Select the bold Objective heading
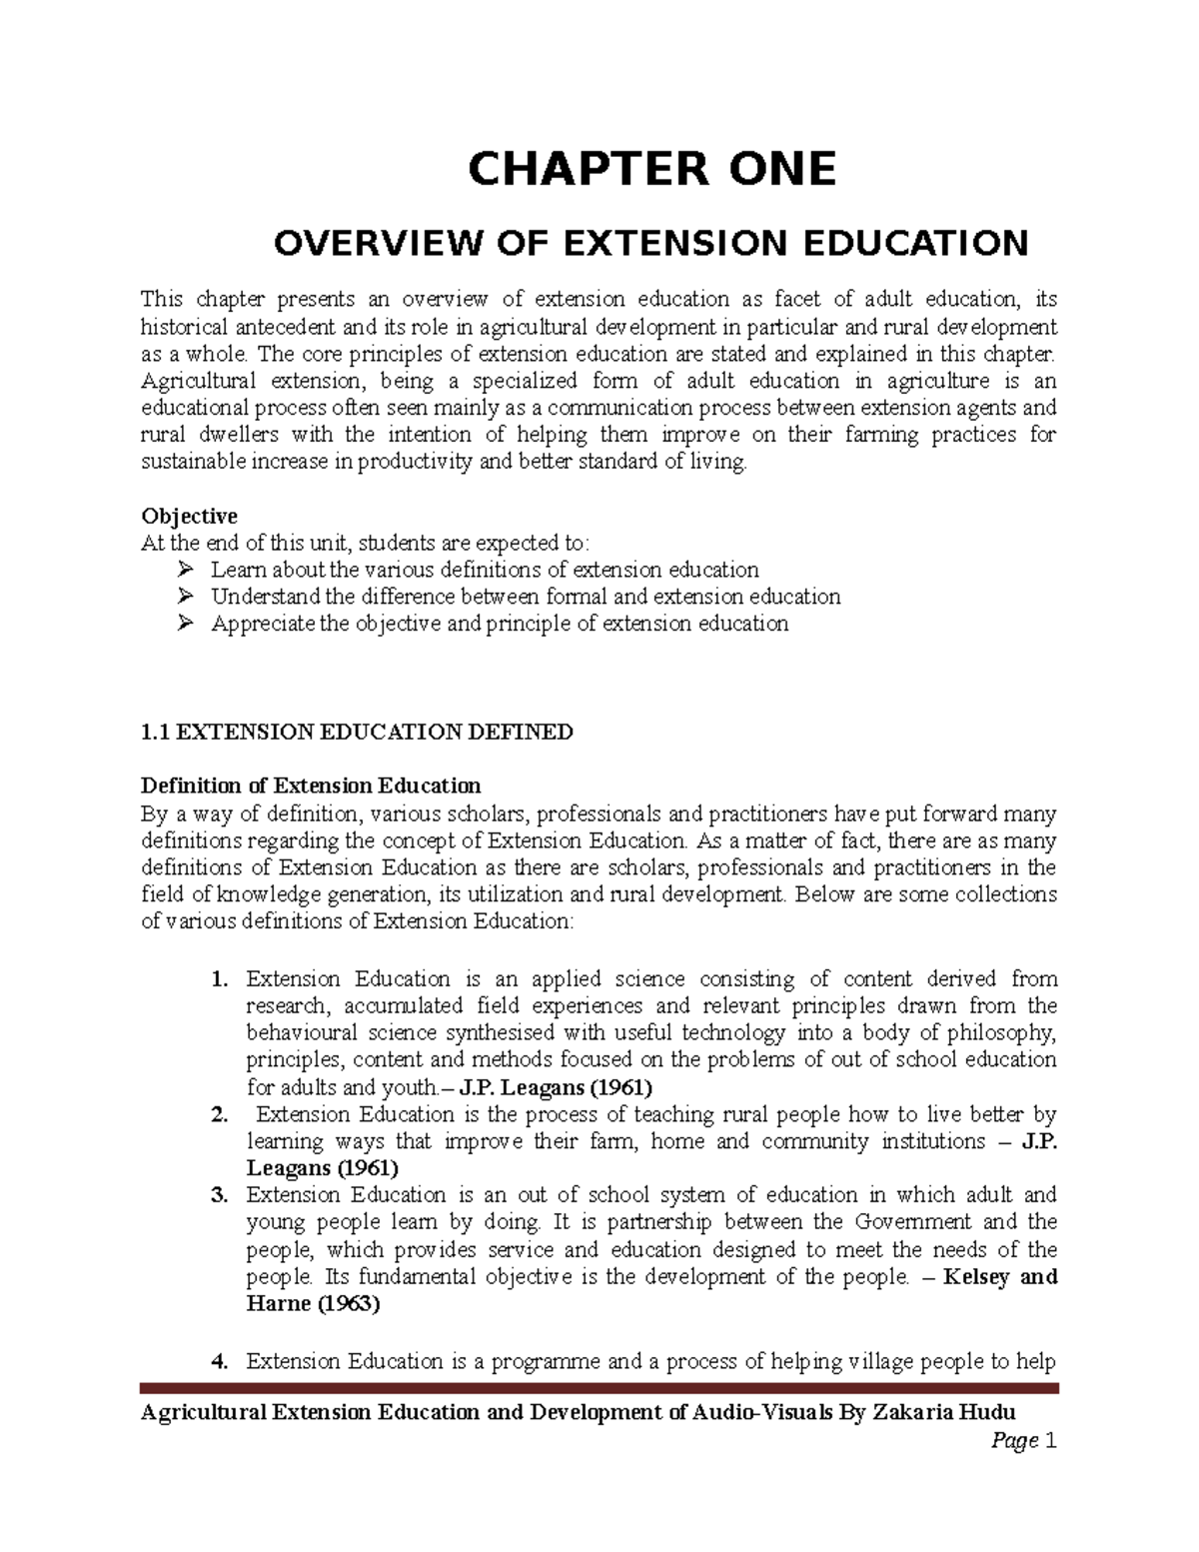click(x=189, y=516)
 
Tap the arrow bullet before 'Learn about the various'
click(x=184, y=570)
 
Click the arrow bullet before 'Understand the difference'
click(x=184, y=597)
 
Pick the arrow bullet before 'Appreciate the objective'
click(x=184, y=624)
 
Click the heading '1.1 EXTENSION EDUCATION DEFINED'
click(x=357, y=732)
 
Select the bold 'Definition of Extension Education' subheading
click(x=311, y=785)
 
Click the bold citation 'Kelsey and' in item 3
click(x=1000, y=1277)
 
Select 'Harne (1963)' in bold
click(x=313, y=1304)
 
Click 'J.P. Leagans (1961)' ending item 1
click(x=555, y=1087)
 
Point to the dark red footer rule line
click(x=599, y=1388)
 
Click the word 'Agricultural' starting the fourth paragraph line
click(x=196, y=381)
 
